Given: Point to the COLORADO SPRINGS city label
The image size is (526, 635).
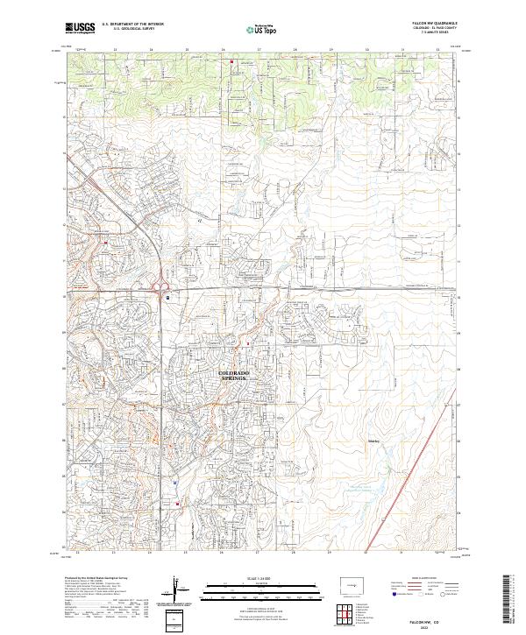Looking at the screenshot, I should [233, 376].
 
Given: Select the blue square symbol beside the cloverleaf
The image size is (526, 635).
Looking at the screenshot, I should [167, 297].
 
